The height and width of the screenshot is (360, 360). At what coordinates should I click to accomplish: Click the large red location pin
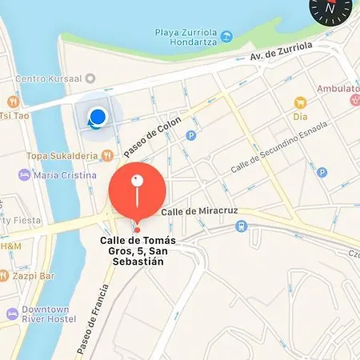(137, 190)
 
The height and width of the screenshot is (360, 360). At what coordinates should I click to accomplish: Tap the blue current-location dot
(98, 118)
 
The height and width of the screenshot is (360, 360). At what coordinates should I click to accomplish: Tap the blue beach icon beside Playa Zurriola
(227, 36)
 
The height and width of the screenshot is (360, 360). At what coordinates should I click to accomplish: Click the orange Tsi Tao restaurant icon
(13, 102)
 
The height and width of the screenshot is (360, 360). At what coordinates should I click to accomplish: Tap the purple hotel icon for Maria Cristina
(25, 174)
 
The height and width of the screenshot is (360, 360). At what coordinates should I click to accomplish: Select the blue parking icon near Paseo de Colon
(190, 135)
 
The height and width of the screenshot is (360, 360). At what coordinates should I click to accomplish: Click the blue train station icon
(241, 226)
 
